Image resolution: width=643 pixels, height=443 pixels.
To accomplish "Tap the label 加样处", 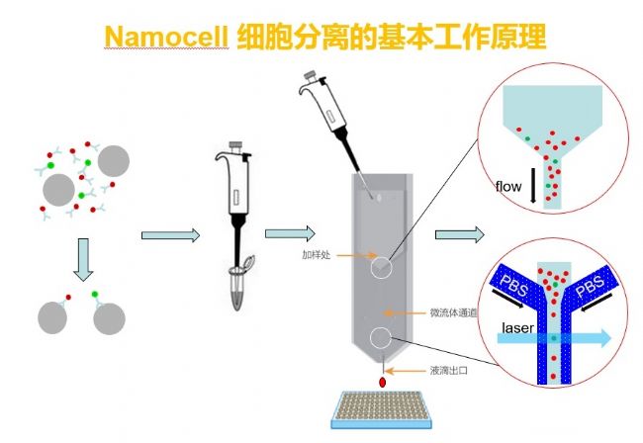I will [x=317, y=254].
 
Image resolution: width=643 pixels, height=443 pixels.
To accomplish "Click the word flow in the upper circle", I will [x=508, y=185].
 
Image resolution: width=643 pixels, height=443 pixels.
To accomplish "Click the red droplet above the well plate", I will [x=381, y=381].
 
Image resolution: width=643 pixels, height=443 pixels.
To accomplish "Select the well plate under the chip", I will [x=381, y=416].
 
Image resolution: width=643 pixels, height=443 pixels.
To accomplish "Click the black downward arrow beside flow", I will [x=533, y=186].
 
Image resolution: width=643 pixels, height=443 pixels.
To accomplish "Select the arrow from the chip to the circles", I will [x=458, y=235].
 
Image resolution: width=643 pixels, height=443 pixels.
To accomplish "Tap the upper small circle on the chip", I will [x=381, y=266].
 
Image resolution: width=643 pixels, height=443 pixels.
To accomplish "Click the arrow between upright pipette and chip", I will [x=287, y=233].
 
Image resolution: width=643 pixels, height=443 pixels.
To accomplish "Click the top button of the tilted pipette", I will [x=313, y=75].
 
